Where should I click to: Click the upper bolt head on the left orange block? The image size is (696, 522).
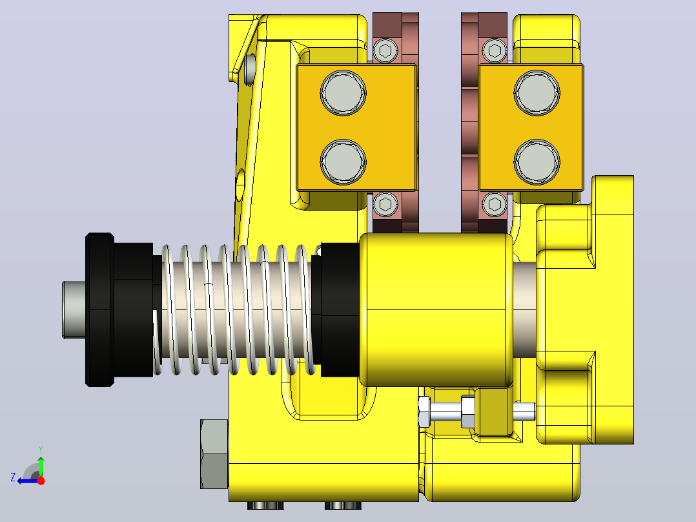[x=343, y=93]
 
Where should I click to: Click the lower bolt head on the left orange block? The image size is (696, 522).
[x=343, y=162]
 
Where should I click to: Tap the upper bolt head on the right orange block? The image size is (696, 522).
[x=537, y=93]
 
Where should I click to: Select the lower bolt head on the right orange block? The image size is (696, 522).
[x=537, y=162]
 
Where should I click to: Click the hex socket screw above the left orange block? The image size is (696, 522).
[x=385, y=50]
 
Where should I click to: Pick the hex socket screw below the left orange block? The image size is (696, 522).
[x=385, y=204]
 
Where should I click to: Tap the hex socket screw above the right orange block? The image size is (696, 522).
[x=495, y=50]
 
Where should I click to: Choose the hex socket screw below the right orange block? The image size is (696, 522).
[x=495, y=204]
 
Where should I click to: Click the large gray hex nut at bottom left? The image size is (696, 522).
[x=214, y=454]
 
